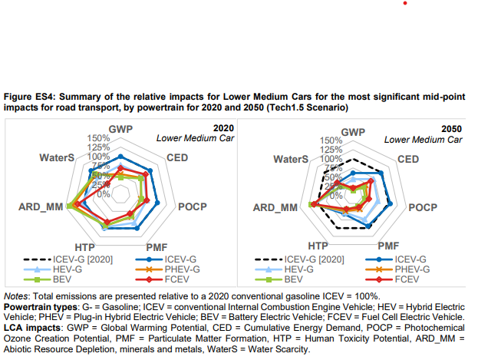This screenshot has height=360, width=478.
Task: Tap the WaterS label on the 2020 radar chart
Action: [55, 158]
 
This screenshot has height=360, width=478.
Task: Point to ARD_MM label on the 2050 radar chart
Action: [275, 207]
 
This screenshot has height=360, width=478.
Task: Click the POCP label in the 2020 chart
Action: [193, 206]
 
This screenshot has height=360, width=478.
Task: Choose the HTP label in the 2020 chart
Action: [85, 246]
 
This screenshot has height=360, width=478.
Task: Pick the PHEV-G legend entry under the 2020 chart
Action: [181, 269]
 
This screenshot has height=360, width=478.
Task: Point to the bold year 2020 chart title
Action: [223, 127]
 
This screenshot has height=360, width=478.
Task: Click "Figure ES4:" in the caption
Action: [28, 97]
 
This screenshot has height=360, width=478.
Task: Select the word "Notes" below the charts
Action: [15, 296]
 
